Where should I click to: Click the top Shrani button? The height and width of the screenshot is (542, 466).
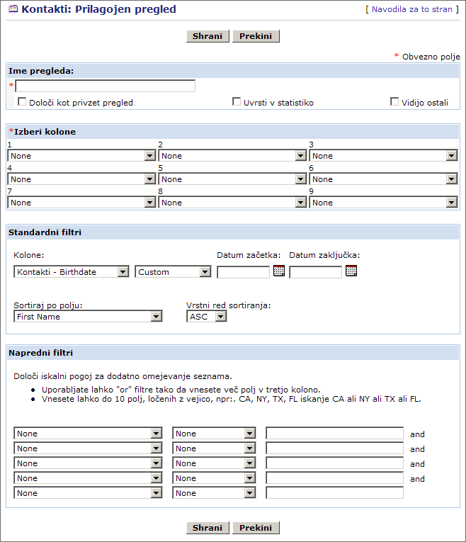pyautogui.click(x=208, y=36)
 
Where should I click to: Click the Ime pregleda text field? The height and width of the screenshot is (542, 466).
pyautogui.click(x=105, y=86)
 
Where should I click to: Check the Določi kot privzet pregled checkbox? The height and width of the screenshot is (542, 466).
pyautogui.click(x=22, y=102)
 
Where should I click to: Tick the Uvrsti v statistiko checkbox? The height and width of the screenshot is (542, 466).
pyautogui.click(x=237, y=102)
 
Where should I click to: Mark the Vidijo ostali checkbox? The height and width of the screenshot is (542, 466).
pyautogui.click(x=394, y=102)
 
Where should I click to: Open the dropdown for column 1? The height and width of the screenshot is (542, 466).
pyautogui.click(x=81, y=156)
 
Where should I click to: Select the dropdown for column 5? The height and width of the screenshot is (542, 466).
pyautogui.click(x=232, y=179)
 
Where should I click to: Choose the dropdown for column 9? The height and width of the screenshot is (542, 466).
pyautogui.click(x=383, y=203)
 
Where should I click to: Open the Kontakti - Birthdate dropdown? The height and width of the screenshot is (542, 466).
pyautogui.click(x=72, y=272)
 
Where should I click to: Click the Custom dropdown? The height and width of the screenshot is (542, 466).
pyautogui.click(x=174, y=272)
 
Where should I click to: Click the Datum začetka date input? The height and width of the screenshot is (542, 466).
pyautogui.click(x=243, y=272)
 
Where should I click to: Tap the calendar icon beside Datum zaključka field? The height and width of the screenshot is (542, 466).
pyautogui.click(x=351, y=271)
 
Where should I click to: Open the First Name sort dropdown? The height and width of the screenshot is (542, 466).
pyautogui.click(x=89, y=317)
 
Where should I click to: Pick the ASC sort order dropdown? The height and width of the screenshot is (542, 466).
pyautogui.click(x=207, y=317)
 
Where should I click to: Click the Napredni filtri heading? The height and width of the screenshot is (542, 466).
pyautogui.click(x=41, y=352)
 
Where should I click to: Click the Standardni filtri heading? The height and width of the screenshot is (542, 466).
pyautogui.click(x=45, y=232)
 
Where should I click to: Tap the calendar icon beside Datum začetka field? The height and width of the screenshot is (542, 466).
pyautogui.click(x=279, y=271)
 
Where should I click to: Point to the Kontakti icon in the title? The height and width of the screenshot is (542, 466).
pyautogui.click(x=13, y=10)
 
